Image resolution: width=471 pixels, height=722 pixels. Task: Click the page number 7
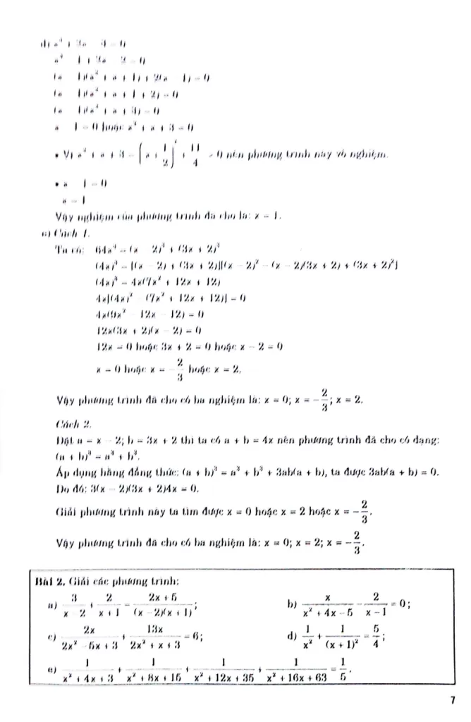tap(451, 700)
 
